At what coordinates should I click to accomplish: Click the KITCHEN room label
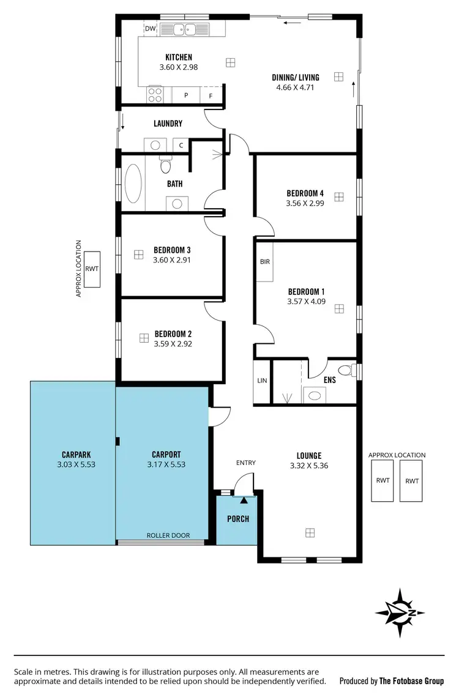coord(178,58)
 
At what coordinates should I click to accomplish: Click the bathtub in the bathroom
coord(133,183)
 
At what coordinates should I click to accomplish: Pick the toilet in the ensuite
coord(347,370)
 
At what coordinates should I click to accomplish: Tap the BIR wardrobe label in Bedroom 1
coord(264,262)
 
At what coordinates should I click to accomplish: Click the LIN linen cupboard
coord(263,381)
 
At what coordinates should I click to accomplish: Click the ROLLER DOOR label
coord(168,535)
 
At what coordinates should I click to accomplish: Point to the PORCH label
coord(238,519)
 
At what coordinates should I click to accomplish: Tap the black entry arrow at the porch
coord(244,500)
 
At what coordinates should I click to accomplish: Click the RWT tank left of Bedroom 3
coord(92,269)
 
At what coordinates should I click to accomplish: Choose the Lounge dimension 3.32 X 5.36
coord(309,465)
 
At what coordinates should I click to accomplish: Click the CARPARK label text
coord(76,455)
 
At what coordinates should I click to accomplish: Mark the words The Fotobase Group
coord(411,680)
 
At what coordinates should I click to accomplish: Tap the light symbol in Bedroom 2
coord(144,338)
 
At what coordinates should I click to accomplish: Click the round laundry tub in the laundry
coord(155,145)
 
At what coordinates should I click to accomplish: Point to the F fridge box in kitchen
coord(211,96)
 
